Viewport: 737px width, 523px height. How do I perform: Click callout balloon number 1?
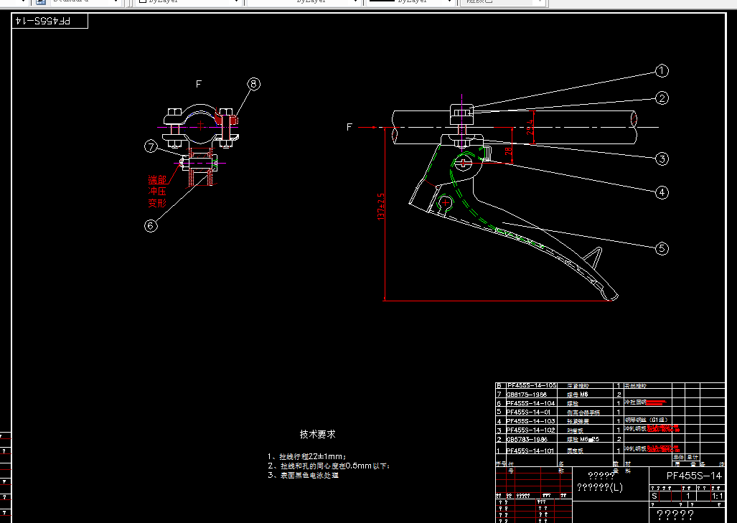(x=662, y=71)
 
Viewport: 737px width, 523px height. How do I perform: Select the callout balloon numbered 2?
(x=662, y=98)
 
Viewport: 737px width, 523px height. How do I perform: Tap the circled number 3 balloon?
(x=662, y=159)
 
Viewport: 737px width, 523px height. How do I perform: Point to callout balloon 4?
(x=662, y=192)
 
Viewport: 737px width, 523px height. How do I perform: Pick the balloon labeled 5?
(x=662, y=249)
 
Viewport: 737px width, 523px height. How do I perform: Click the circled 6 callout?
(x=150, y=225)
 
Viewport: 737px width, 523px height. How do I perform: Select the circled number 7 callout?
(x=150, y=147)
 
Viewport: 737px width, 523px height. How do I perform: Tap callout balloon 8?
(x=253, y=84)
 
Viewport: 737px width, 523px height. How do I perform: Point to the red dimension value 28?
(x=508, y=152)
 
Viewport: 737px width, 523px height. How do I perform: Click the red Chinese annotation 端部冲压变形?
(x=157, y=191)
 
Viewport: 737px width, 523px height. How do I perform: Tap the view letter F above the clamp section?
(x=199, y=84)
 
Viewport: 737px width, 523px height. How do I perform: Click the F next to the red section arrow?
(x=349, y=127)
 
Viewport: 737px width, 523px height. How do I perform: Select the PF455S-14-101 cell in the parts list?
(x=530, y=451)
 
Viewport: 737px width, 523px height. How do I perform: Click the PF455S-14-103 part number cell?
(x=530, y=421)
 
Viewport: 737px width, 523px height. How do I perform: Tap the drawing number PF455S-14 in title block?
(x=693, y=476)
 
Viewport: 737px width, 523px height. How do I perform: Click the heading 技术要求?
(x=317, y=434)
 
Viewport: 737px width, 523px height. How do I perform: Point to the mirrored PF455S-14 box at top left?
(x=50, y=22)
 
